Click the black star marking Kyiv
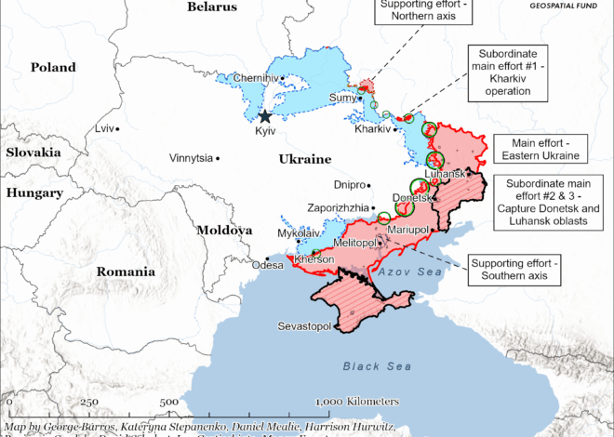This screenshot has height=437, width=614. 265,116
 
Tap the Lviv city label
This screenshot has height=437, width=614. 107,127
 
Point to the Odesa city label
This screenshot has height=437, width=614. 267,264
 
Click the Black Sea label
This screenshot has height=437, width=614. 376,366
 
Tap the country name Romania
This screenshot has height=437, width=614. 126,271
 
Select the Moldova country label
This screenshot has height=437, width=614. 224,229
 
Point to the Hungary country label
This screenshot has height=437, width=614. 33,192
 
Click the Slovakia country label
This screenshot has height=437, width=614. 33,151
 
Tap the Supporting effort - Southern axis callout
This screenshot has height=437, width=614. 514,271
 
